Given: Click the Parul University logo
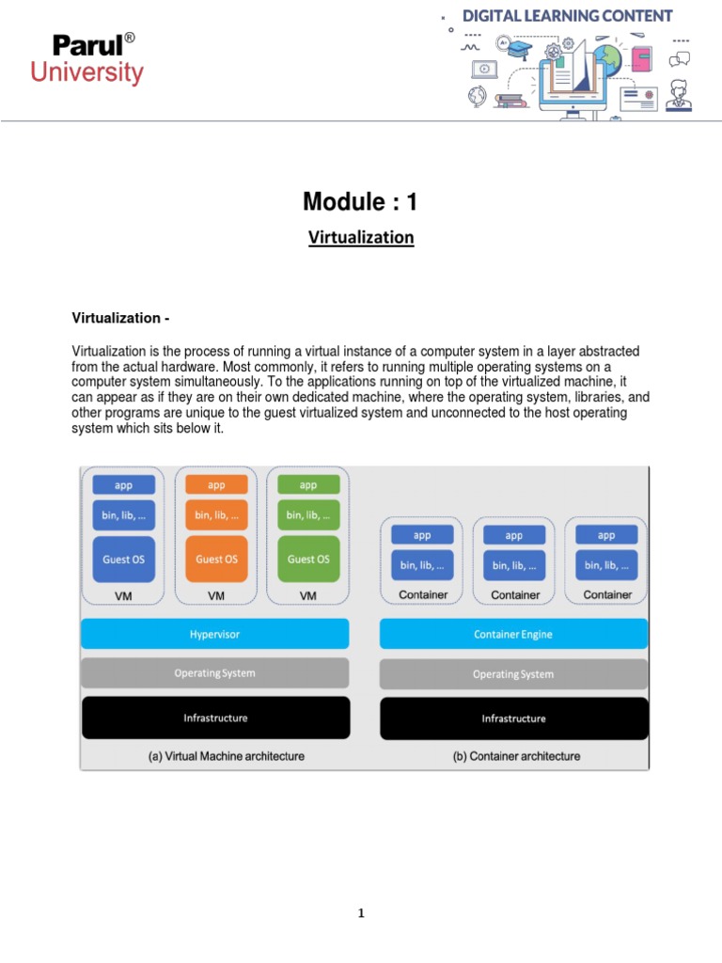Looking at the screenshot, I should click(x=98, y=59).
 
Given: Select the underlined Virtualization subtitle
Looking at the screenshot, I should click(x=361, y=238).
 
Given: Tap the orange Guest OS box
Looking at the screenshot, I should click(x=216, y=559).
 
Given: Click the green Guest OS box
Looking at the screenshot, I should click(x=308, y=559).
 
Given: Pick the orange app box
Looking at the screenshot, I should click(x=216, y=485).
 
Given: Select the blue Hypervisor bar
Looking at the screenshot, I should click(x=214, y=634).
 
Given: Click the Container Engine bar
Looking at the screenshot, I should click(x=513, y=635).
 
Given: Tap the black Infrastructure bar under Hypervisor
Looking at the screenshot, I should click(x=215, y=718).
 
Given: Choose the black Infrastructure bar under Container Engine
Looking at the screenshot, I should click(x=513, y=718).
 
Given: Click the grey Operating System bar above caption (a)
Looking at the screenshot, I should click(x=214, y=673).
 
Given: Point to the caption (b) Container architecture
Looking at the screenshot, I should click(x=516, y=756).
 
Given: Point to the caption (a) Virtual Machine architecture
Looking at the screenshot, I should click(x=227, y=756).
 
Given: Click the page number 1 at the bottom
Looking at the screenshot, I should click(x=360, y=913).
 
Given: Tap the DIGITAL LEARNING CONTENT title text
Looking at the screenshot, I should click(x=567, y=16).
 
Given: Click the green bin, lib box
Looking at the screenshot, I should click(x=308, y=514).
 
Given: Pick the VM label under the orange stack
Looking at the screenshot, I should click(x=216, y=595).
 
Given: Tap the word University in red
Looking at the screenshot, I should click(x=86, y=72).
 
